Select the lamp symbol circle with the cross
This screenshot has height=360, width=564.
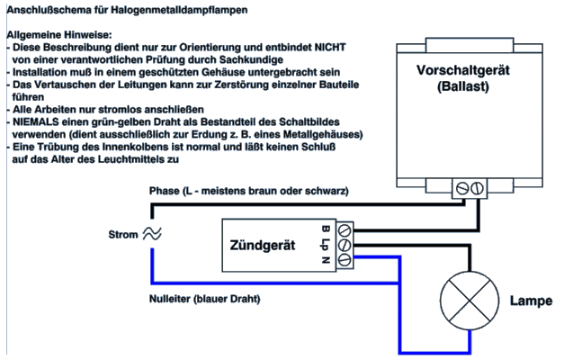pyautogui.click(x=469, y=300)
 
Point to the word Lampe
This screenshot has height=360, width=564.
pyautogui.click(x=531, y=301)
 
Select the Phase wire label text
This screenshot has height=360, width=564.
pyautogui.click(x=248, y=192)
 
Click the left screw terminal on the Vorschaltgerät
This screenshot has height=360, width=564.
pyautogui.click(x=463, y=188)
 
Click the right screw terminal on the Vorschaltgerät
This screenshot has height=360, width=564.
pyautogui.click(x=478, y=188)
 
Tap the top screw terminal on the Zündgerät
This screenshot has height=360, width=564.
pyautogui.click(x=345, y=230)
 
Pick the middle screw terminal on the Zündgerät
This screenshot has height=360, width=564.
pyautogui.click(x=345, y=245)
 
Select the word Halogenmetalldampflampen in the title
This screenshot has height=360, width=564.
pyautogui.click(x=185, y=10)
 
